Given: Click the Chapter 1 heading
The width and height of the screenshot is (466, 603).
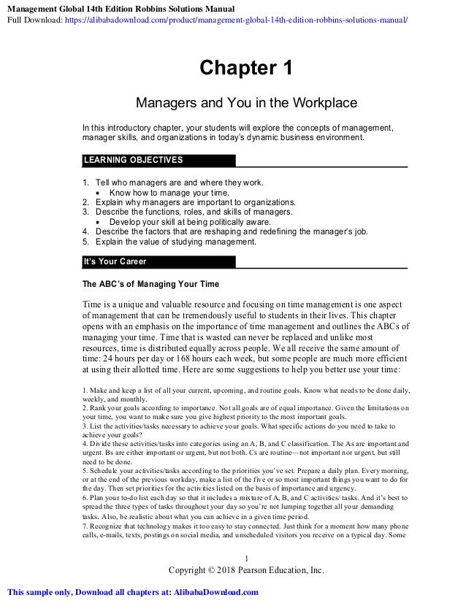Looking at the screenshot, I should pos(246,69).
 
